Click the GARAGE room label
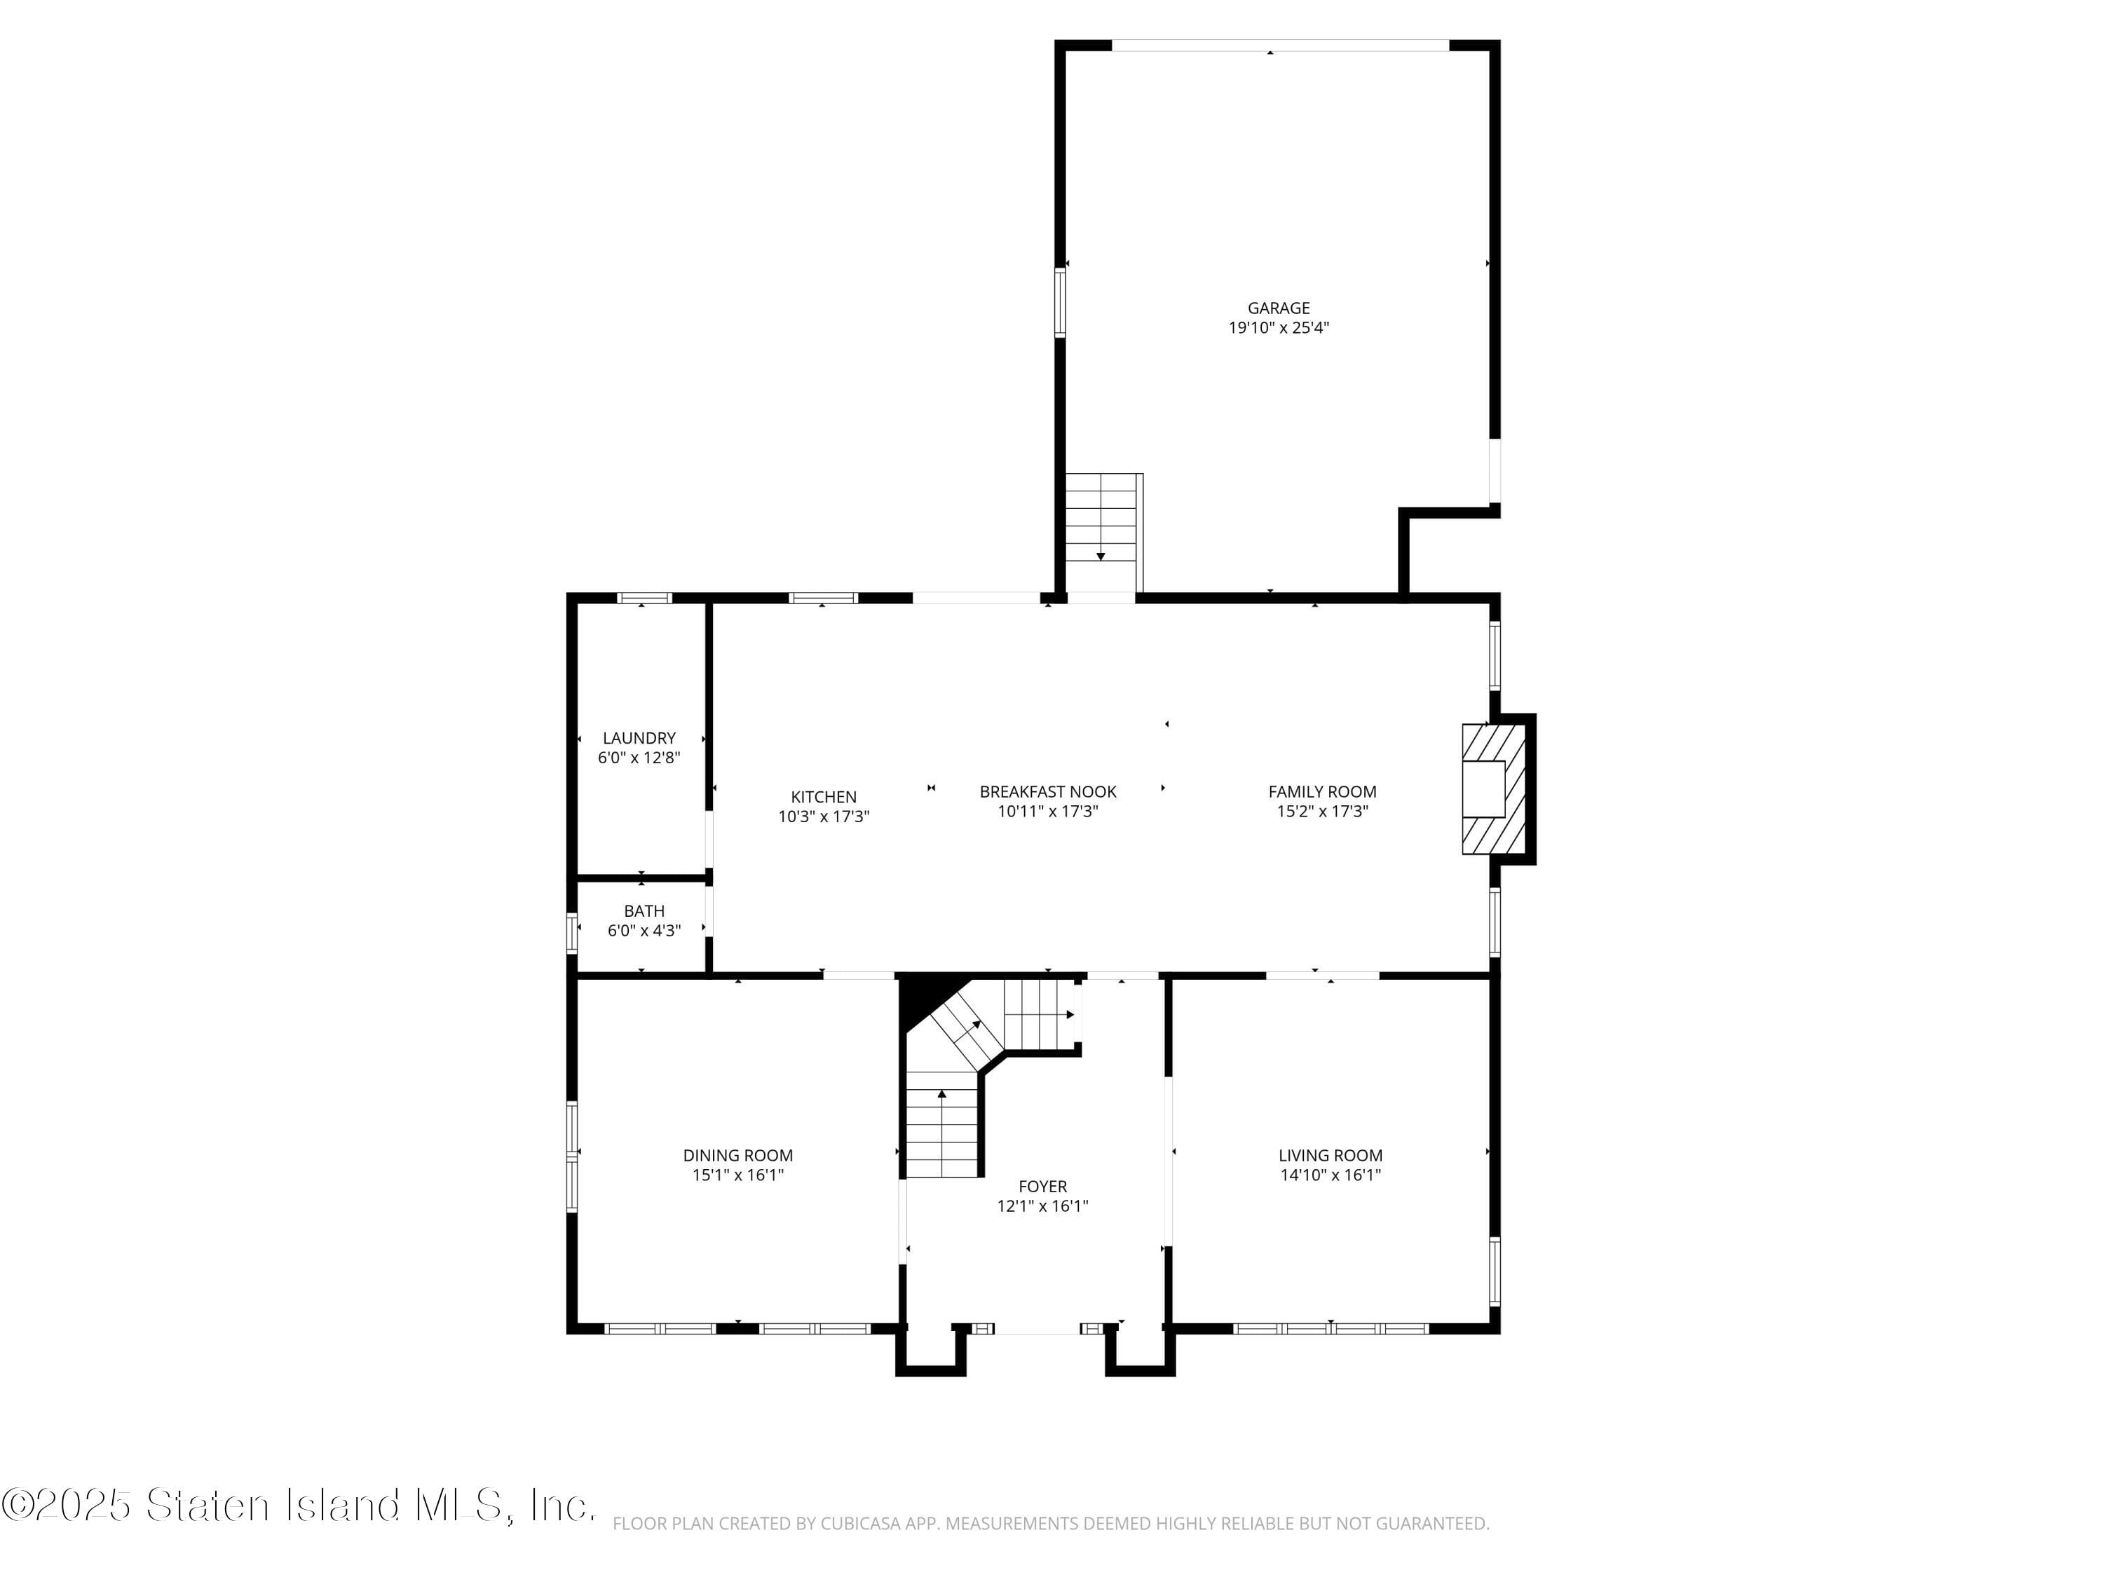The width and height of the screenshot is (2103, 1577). coord(1279,308)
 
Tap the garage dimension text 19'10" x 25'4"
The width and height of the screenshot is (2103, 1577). coord(1279,328)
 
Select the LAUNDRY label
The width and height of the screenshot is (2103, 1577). coord(639,737)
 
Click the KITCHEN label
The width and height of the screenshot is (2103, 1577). coord(824,797)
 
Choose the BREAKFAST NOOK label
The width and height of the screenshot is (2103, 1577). coord(1048,791)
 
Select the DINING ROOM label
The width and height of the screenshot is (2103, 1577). coord(737,1155)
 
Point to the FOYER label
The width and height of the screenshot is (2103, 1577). coord(1043,1187)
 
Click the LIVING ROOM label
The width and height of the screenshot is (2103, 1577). coord(1330,1155)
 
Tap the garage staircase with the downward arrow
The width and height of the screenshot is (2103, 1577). coord(1103,532)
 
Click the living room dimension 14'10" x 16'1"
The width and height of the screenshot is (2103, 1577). coord(1330,1175)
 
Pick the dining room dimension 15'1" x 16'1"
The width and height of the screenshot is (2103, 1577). coord(737,1175)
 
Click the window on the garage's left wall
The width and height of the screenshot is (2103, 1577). coord(1060,302)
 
